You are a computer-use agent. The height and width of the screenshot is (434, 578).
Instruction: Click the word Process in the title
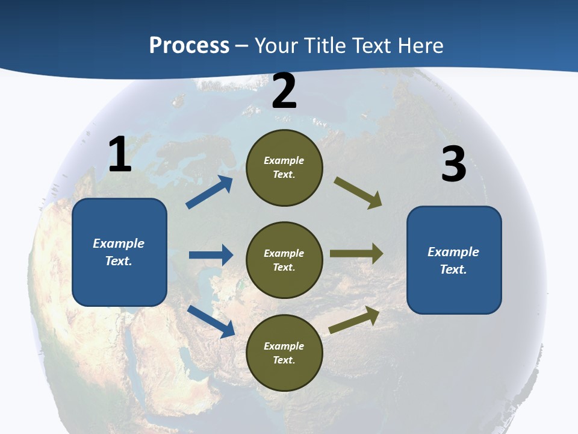[x=189, y=46]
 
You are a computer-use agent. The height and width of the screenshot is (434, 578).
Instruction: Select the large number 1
[x=120, y=155]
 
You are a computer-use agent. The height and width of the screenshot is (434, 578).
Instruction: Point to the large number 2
[x=284, y=91]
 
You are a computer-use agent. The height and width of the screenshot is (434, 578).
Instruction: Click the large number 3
[x=453, y=165]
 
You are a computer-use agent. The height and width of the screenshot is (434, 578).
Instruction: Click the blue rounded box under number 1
[x=119, y=252]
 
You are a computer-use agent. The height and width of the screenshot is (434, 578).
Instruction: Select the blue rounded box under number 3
[x=454, y=260]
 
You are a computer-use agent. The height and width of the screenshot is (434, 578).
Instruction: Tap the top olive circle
[x=285, y=168]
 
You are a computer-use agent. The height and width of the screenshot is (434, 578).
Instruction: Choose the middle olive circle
[x=285, y=260]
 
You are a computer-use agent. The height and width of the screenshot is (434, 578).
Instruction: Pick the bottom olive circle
[x=285, y=353]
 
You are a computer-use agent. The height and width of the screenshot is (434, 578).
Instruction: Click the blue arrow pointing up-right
[x=210, y=192]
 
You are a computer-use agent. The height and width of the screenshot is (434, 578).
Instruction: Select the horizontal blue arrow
[x=211, y=255]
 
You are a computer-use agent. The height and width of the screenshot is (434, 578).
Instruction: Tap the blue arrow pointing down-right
[x=211, y=321]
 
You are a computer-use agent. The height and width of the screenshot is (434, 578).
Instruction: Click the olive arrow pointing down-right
[x=358, y=193]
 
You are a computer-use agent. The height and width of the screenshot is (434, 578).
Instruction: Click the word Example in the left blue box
[x=119, y=244]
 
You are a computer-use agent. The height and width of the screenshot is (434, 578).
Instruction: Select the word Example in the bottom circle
[x=284, y=346]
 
